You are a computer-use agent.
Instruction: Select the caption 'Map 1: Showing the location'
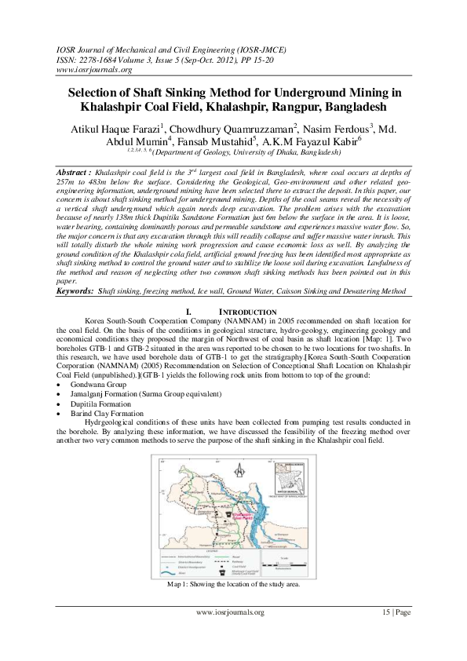click(x=233, y=585)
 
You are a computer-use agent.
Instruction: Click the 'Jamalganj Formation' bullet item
click(x=138, y=395)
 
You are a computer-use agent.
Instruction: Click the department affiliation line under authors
click(x=233, y=154)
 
